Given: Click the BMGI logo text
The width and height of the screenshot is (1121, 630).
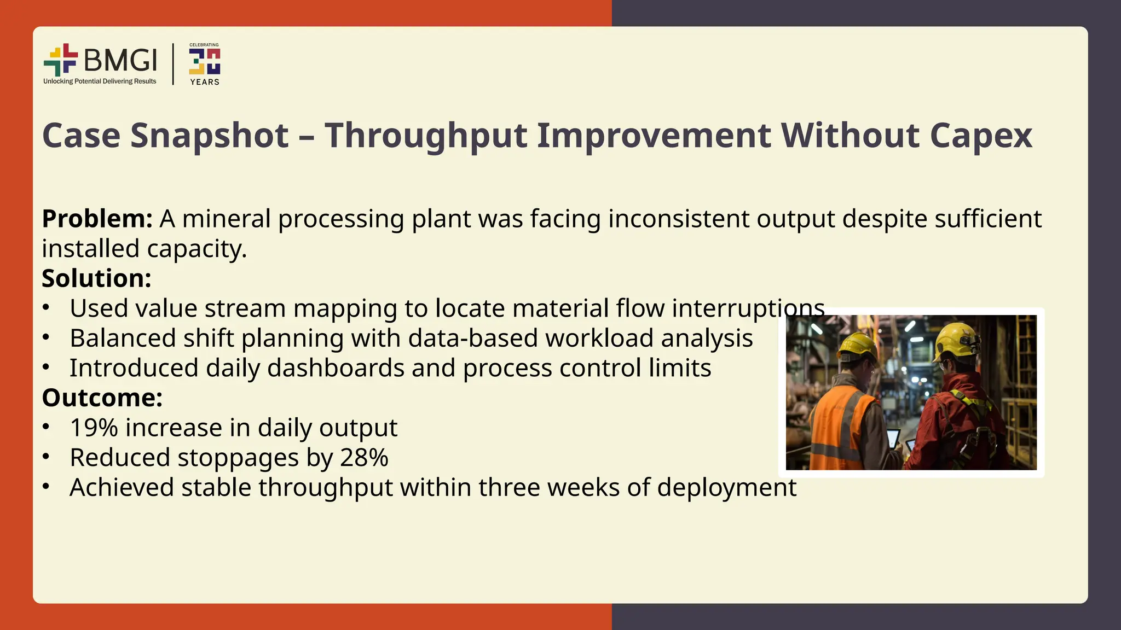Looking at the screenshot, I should tap(120, 60).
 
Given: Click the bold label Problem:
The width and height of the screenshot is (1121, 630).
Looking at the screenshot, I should tap(97, 219).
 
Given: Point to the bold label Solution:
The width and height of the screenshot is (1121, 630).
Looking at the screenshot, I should tap(96, 278).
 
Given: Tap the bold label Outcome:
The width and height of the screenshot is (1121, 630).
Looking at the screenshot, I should tap(102, 398).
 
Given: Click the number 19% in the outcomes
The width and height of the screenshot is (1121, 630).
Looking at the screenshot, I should tap(94, 428).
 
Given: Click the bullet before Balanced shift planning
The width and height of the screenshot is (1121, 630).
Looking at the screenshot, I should tap(47, 338).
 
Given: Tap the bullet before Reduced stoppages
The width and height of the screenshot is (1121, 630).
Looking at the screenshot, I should tap(47, 457).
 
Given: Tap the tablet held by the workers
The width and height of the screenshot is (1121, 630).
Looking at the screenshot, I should tap(893, 438).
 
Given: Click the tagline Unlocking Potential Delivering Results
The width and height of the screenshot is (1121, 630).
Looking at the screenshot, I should tap(100, 81).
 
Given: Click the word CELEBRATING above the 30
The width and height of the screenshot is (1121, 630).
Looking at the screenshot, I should tap(204, 45).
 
